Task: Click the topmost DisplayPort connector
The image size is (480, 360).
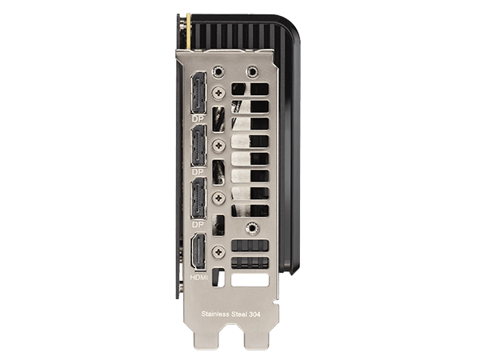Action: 198,93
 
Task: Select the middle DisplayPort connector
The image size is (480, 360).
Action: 198,146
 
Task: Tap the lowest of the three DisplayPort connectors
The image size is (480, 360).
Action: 198,198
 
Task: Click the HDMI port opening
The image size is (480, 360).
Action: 198,251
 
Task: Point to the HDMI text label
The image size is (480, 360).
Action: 198,278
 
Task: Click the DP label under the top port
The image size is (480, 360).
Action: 198,119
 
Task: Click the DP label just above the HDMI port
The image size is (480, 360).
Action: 198,224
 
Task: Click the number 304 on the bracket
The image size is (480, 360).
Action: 254,314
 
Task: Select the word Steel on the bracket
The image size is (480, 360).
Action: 238,314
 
